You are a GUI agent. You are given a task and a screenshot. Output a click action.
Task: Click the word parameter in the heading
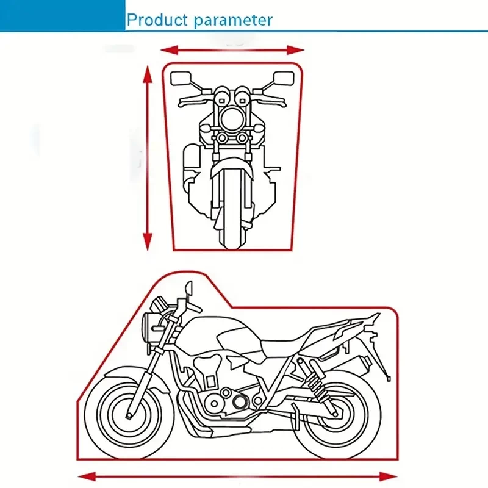coord(233,21)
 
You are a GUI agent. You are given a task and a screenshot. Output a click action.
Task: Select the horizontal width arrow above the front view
coord(232,50)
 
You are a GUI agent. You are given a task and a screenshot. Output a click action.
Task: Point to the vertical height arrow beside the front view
coord(148,159)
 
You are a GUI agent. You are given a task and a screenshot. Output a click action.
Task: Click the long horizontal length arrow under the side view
coord(237,476)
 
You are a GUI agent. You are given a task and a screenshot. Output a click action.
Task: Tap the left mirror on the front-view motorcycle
coord(181,79)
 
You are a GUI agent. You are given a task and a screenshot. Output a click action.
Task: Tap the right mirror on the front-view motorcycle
coord(284,79)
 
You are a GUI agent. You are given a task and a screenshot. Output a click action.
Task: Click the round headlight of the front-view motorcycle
coord(232,119)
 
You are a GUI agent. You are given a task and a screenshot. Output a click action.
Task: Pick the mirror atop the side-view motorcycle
coord(188,287)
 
